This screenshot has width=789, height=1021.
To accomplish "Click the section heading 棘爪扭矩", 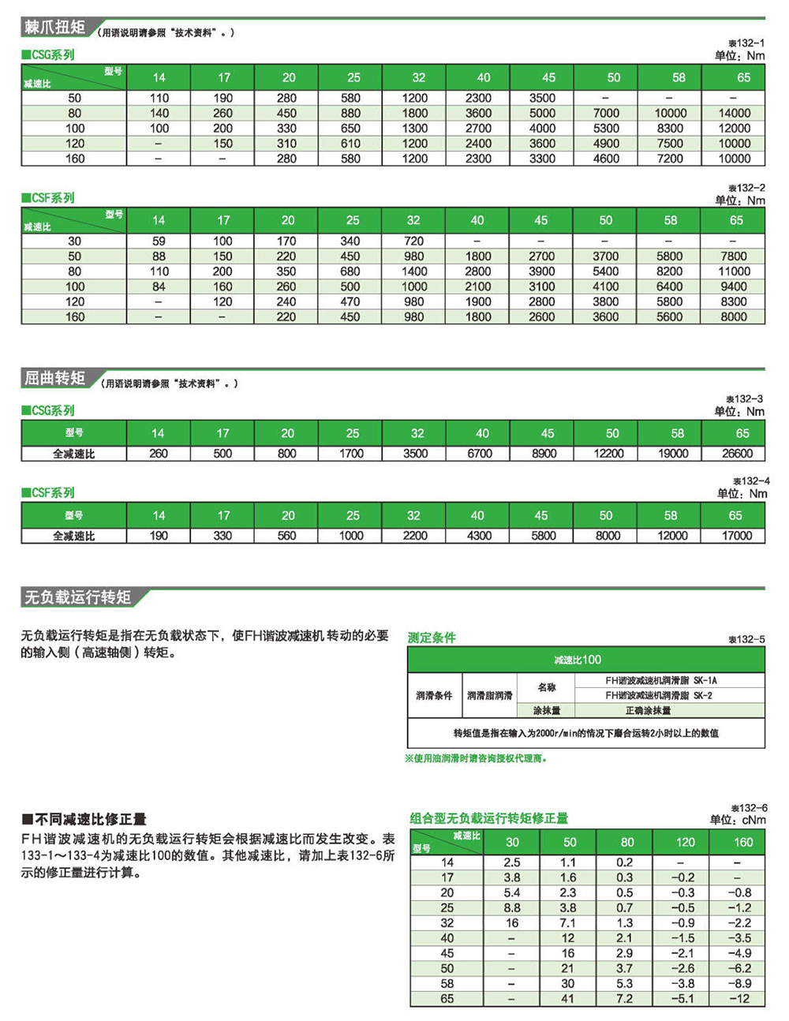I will (54, 28).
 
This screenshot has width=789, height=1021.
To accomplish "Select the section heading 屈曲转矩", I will (54, 379).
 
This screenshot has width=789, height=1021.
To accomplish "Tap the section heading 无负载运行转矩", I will (77, 597).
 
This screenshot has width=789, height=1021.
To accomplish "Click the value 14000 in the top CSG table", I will (734, 113).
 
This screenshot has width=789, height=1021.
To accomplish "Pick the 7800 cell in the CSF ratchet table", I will (733, 256).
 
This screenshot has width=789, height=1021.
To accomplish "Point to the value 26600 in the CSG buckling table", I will (737, 454).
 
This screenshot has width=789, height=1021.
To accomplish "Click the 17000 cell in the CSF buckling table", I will (737, 536).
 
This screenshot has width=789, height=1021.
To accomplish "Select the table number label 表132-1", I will (746, 43).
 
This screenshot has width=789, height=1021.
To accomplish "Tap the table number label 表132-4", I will (750, 481).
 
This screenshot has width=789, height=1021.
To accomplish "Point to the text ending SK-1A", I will (660, 680).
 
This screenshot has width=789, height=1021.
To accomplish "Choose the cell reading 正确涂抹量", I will (648, 710).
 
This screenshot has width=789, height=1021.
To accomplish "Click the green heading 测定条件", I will (432, 638).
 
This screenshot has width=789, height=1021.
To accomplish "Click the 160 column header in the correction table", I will (743, 842).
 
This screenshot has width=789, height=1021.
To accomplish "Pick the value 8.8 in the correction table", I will (512, 908).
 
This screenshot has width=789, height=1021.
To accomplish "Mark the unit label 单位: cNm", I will (738, 820).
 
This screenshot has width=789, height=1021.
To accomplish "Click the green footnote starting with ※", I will (476, 758).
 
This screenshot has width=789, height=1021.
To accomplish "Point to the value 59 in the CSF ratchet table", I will (159, 241).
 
